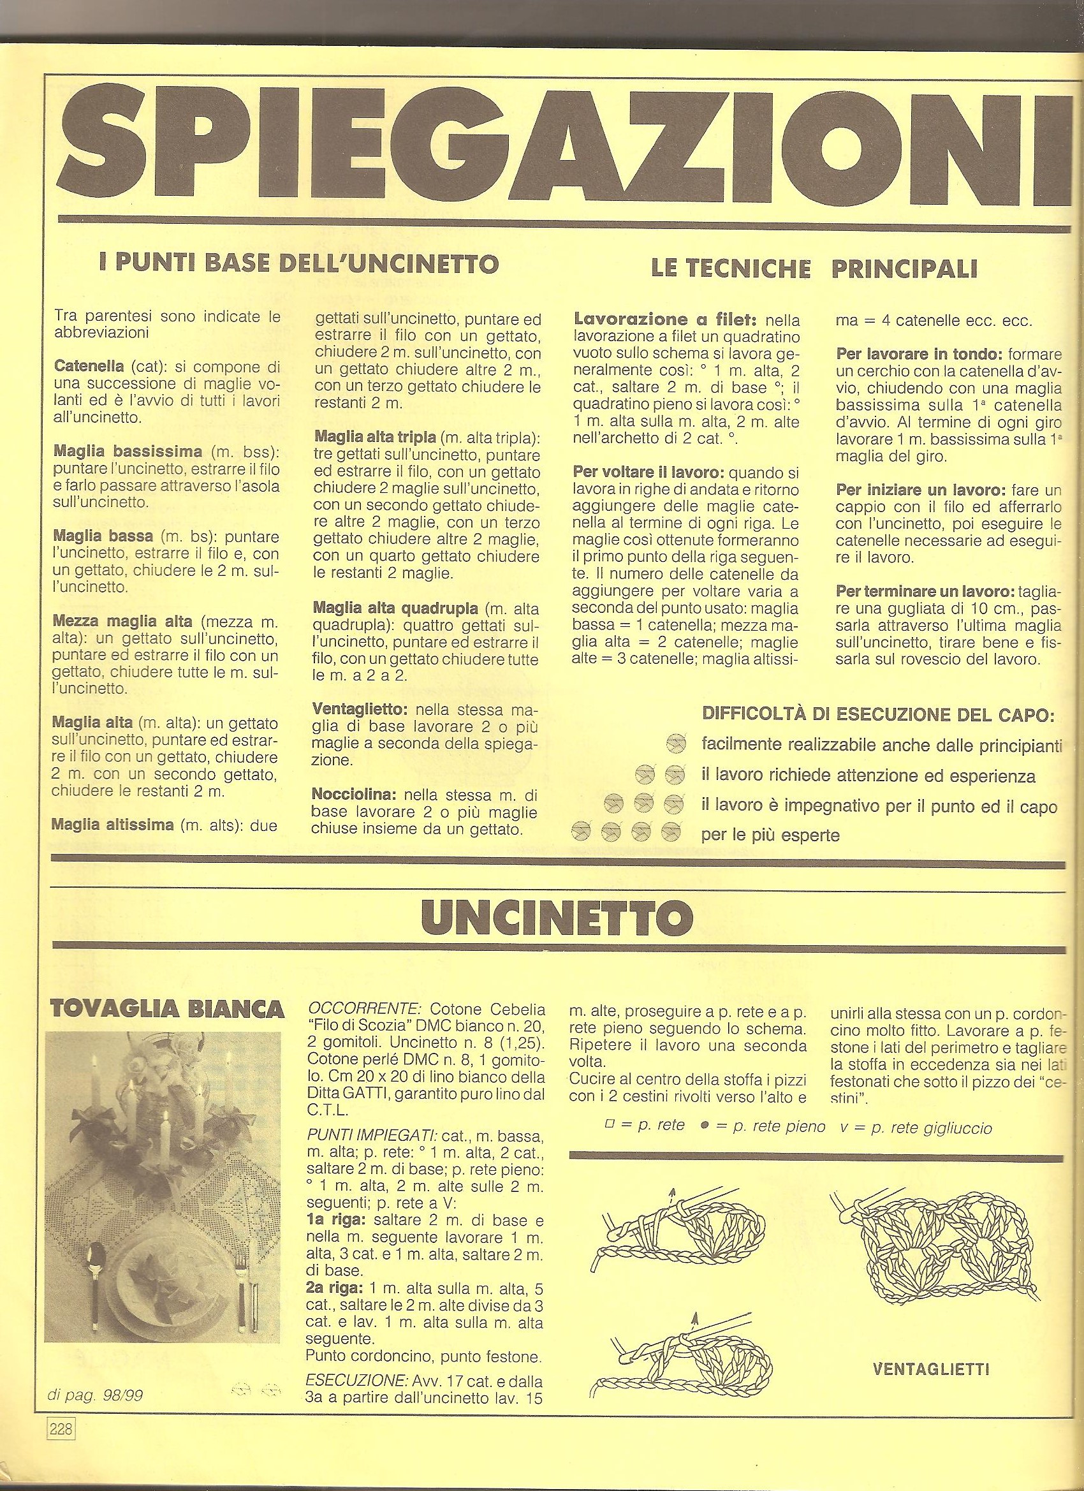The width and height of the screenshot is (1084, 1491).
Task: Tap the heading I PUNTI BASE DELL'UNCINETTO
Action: (298, 264)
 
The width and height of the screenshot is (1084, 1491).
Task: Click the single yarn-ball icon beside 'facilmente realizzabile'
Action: (675, 744)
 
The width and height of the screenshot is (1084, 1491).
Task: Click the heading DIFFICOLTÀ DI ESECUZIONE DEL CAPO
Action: (878, 714)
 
